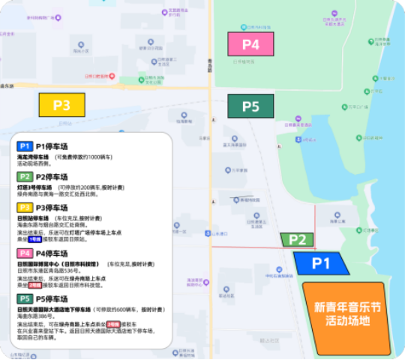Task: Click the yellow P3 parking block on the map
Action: click(61, 104)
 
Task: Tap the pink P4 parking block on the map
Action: click(250, 44)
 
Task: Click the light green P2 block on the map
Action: click(297, 240)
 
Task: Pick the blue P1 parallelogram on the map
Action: click(322, 262)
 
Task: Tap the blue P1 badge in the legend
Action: click(25, 145)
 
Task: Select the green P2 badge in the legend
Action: click(25, 176)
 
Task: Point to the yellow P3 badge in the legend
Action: click(25, 208)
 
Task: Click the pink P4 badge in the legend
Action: click(25, 253)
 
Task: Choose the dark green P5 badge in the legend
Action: click(25, 299)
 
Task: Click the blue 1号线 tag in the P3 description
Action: click(34, 238)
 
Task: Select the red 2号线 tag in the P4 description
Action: click(34, 285)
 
